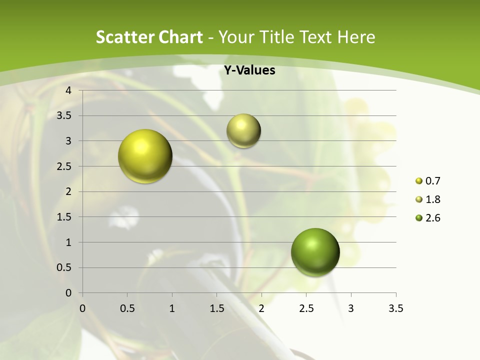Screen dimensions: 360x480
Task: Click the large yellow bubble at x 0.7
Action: (x=145, y=156)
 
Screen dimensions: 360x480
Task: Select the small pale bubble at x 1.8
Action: (x=243, y=130)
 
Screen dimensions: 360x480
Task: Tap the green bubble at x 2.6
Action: (x=315, y=252)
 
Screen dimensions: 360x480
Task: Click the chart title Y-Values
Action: (x=249, y=70)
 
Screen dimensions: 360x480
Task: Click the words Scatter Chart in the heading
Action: (x=149, y=37)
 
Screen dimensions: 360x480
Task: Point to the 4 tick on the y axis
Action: (x=69, y=90)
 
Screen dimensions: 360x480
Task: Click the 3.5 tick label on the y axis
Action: (x=65, y=115)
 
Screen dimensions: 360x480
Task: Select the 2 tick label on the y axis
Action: (x=69, y=191)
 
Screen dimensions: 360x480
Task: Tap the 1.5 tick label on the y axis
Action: (x=65, y=217)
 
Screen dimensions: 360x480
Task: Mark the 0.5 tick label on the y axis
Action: (x=65, y=267)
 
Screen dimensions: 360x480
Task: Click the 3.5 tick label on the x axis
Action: (x=395, y=308)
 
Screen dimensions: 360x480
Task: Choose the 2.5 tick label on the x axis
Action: (x=306, y=308)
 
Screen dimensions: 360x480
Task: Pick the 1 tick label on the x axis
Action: (x=172, y=308)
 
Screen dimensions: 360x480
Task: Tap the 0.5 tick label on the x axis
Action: (x=127, y=308)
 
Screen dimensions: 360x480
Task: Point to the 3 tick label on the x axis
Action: (x=351, y=308)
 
